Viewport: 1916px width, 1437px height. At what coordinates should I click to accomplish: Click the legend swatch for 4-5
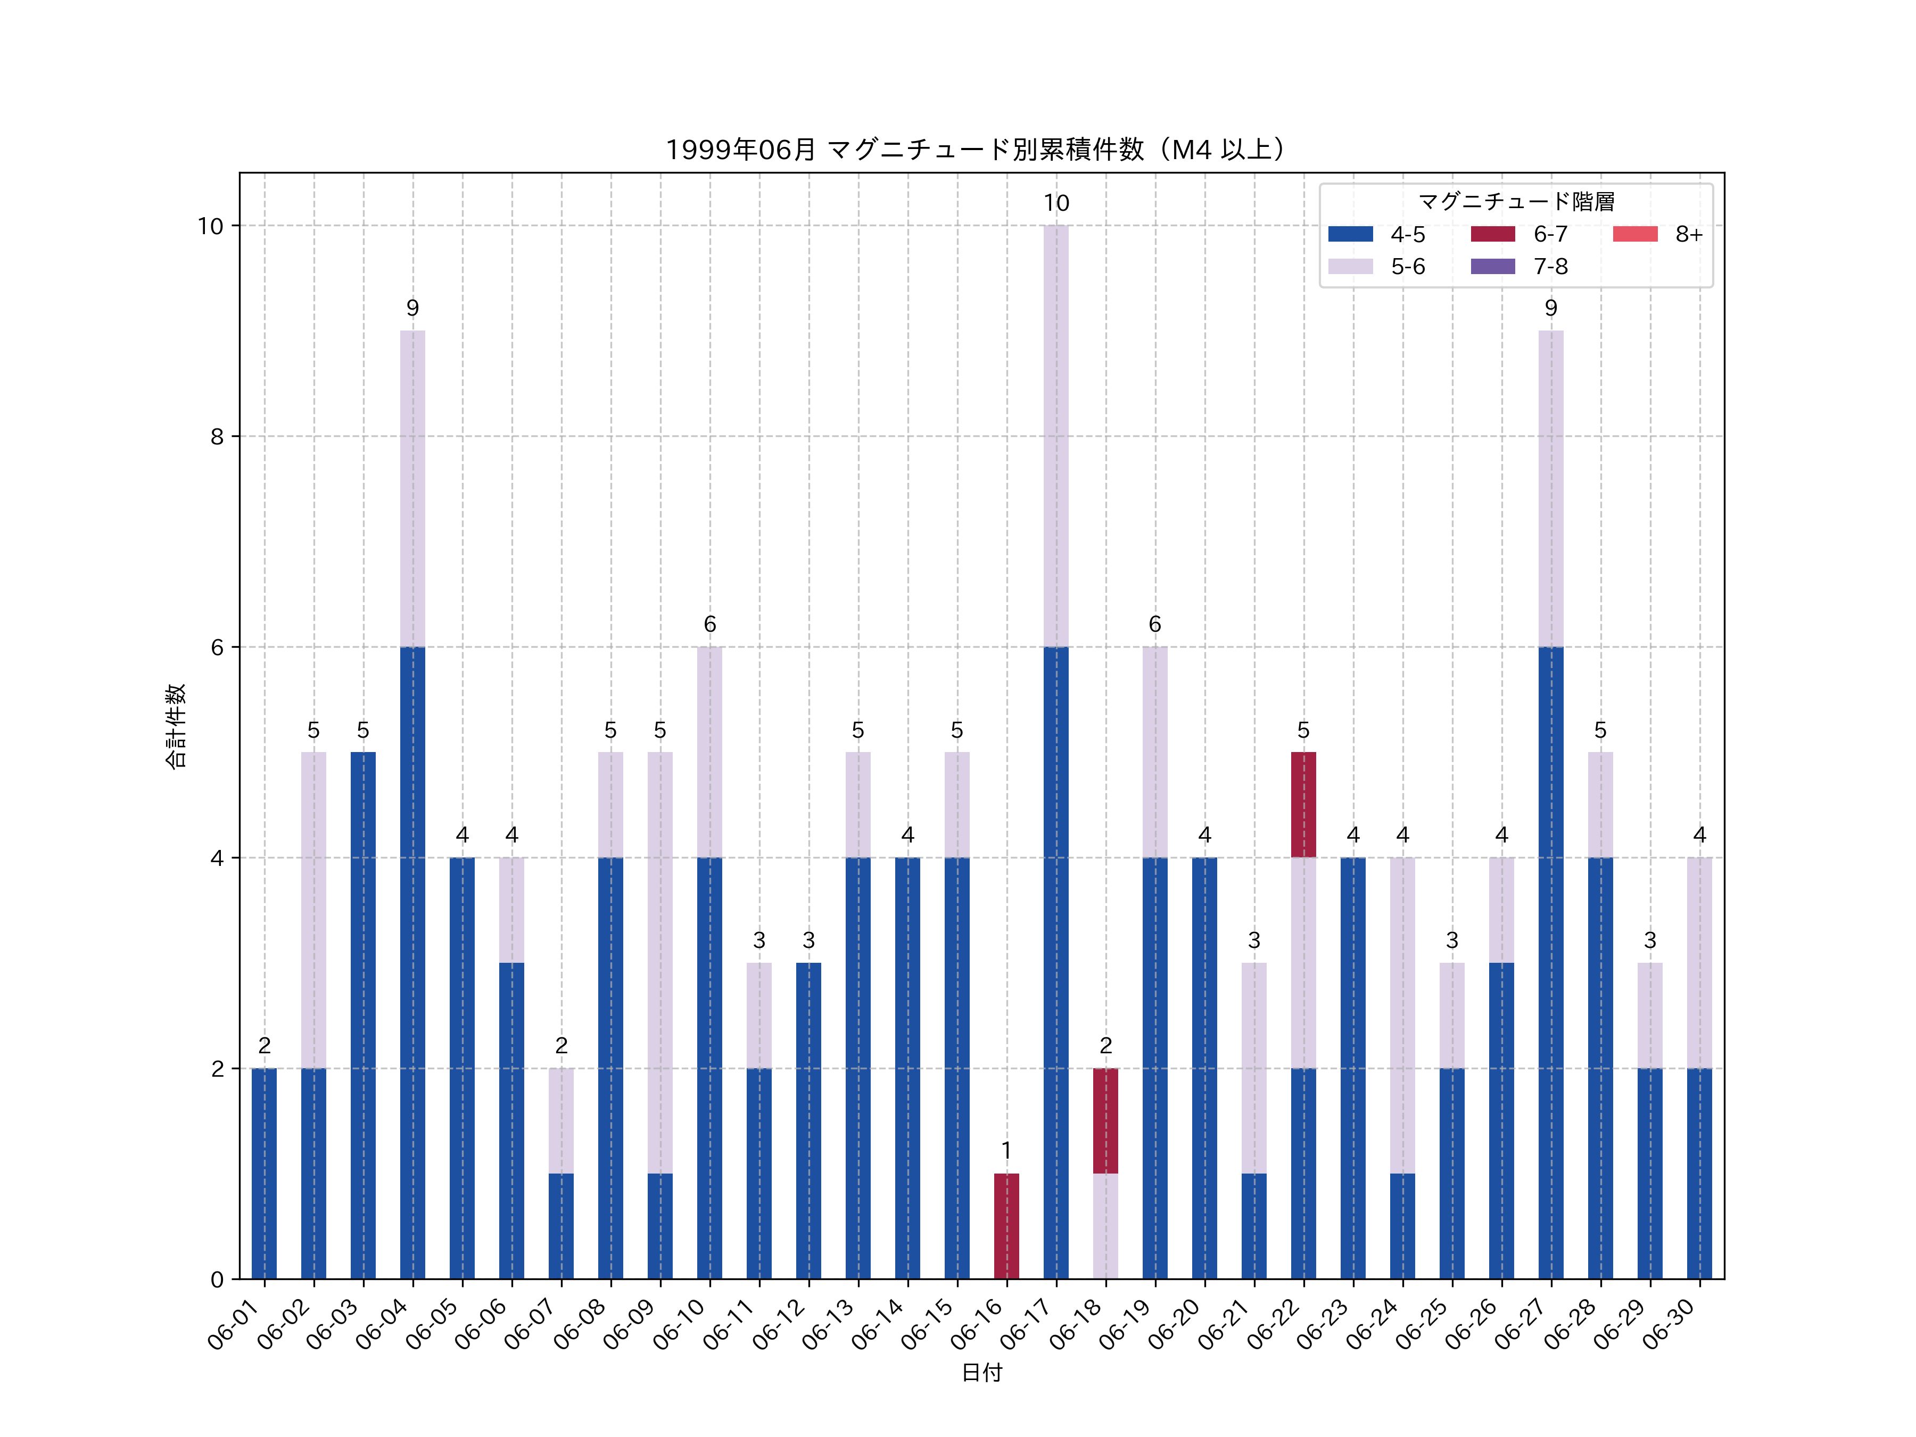click(1350, 234)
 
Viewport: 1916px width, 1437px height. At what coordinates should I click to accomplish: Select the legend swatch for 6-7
click(1492, 234)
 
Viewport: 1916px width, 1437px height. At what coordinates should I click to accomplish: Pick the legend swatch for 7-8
click(1492, 267)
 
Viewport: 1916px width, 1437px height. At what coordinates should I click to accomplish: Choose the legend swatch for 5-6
click(1350, 267)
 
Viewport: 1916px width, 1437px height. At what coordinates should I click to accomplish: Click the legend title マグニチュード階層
click(1516, 202)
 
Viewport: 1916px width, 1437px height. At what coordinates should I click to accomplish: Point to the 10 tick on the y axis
click(210, 226)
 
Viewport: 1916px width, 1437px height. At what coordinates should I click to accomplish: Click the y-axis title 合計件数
click(176, 726)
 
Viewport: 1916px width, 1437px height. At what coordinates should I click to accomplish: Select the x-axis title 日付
click(981, 1373)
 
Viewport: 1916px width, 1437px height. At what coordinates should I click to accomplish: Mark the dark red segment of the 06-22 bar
click(1303, 805)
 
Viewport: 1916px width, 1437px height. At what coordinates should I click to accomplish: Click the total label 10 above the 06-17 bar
click(1056, 203)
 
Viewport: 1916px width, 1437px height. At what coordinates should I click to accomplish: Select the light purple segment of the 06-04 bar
click(412, 489)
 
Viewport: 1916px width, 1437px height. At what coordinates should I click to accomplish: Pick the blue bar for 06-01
click(264, 1174)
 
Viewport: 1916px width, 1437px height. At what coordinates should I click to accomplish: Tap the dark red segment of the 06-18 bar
click(1105, 1121)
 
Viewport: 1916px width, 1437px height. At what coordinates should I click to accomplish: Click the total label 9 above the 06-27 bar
click(1550, 308)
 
